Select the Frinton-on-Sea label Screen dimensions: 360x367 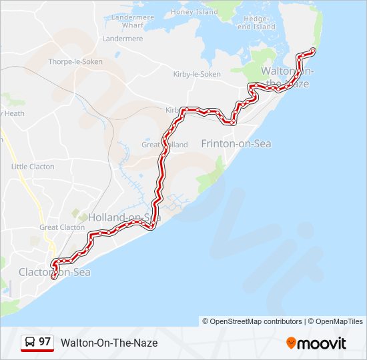click(x=236, y=143)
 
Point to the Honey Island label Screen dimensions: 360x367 click(x=195, y=12)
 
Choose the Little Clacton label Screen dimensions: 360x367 click(x=33, y=167)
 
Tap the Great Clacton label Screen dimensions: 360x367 click(x=62, y=227)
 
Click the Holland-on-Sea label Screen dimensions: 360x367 click(x=124, y=217)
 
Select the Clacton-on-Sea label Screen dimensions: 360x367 click(x=54, y=272)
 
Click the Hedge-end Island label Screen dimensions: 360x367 click(x=256, y=23)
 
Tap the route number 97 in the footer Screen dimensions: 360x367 click(x=45, y=342)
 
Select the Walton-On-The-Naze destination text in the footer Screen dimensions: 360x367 click(x=109, y=343)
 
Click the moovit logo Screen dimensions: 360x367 click(x=316, y=343)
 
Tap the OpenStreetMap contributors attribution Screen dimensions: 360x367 click(x=252, y=321)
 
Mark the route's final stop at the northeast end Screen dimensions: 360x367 click(x=312, y=51)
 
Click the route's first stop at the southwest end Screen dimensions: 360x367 click(x=54, y=276)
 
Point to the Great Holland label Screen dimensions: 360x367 click(x=164, y=144)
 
